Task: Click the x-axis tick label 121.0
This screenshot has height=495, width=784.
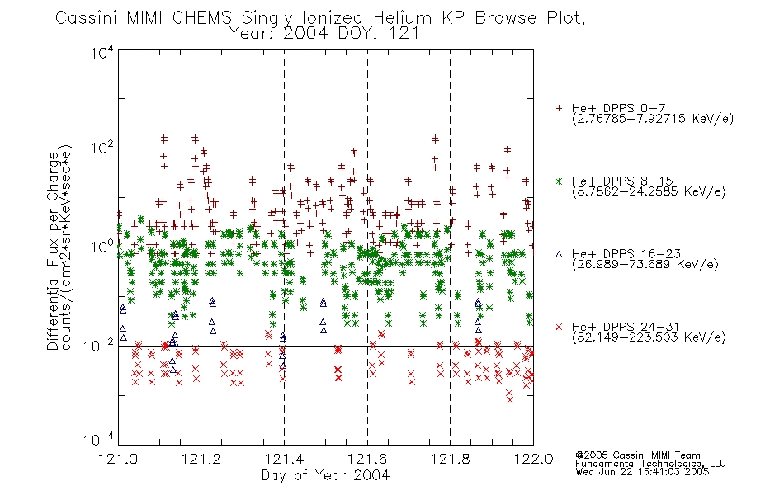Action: (x=118, y=459)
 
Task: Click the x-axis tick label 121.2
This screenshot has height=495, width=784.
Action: (x=201, y=459)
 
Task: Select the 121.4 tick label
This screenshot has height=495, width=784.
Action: (x=284, y=459)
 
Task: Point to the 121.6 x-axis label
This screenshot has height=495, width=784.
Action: (x=367, y=459)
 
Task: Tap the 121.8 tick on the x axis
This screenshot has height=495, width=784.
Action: (x=450, y=459)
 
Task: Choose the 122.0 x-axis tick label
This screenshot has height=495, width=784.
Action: (x=533, y=459)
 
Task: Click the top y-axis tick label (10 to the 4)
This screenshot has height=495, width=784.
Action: (x=102, y=52)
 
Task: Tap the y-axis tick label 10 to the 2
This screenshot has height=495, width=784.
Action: (x=102, y=148)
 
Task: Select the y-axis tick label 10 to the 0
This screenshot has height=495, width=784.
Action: (x=102, y=247)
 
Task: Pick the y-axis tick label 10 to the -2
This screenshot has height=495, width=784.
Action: (x=99, y=345)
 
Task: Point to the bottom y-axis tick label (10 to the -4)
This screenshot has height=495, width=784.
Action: (x=99, y=440)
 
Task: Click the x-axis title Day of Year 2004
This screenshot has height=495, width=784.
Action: (x=325, y=475)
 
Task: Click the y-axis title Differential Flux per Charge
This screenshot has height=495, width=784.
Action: (x=53, y=251)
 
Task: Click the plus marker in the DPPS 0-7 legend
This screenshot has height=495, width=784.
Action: (x=559, y=108)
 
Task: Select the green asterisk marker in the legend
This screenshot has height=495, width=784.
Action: (x=559, y=181)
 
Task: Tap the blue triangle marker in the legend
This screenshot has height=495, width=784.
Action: (x=559, y=254)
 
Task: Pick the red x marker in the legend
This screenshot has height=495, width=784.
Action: (x=559, y=327)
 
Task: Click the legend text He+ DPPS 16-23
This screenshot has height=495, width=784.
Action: (x=626, y=254)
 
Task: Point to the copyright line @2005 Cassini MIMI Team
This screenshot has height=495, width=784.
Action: (x=637, y=455)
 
